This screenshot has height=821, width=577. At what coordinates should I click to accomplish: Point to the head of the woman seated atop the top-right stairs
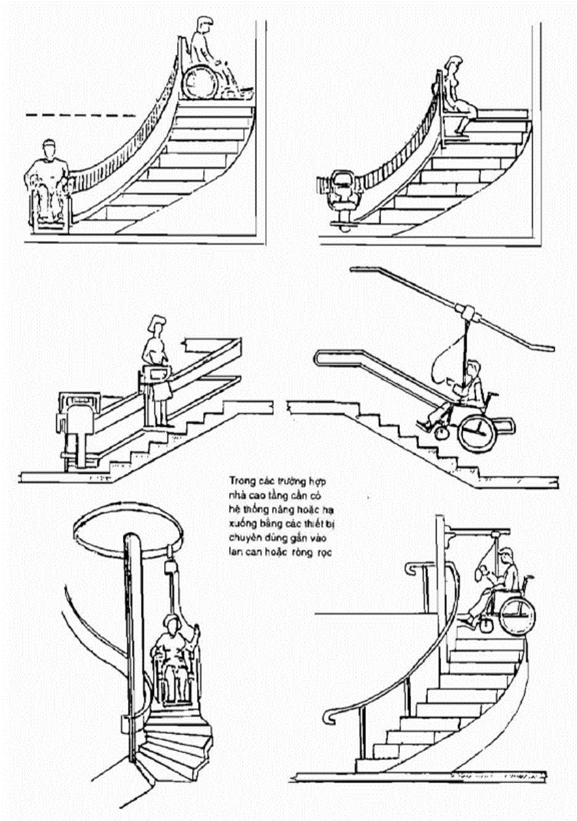point(451,66)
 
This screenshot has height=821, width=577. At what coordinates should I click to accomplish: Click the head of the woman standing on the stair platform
point(158,324)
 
